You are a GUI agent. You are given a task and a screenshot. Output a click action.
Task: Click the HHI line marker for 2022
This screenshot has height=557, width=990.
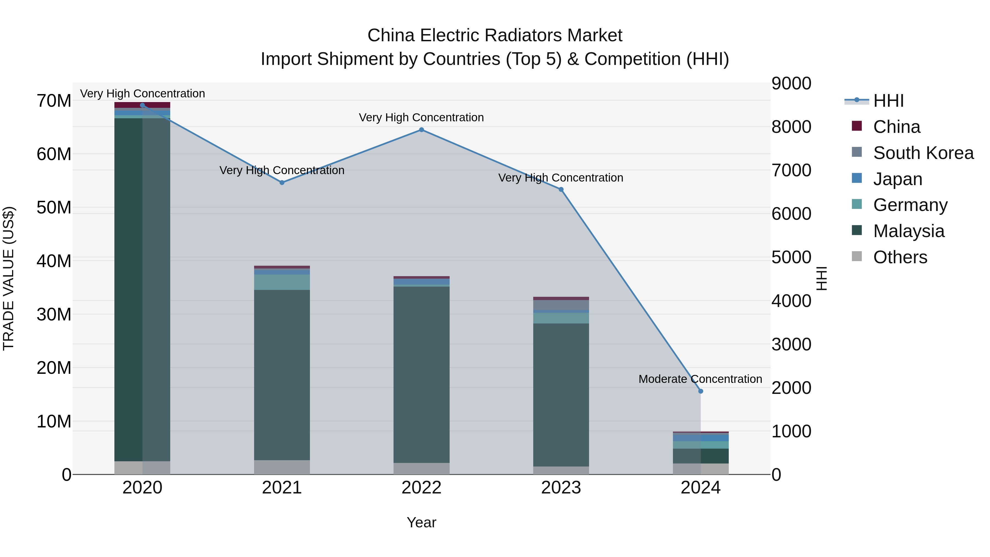coord(421,130)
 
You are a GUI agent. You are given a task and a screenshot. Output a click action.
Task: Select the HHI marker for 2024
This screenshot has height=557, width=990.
coord(700,391)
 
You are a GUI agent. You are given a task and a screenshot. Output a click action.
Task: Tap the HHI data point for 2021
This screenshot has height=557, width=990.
coord(282,183)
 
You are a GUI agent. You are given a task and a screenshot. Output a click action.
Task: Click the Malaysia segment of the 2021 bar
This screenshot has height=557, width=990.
coord(282,375)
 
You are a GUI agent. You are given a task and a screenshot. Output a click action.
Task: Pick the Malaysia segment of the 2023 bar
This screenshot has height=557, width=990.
coord(561,395)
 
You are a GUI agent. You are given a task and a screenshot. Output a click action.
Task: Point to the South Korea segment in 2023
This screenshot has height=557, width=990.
coord(561,305)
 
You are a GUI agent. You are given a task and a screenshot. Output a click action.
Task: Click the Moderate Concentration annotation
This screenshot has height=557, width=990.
coord(700,379)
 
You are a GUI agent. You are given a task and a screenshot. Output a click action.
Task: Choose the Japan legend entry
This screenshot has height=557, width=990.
coord(897,179)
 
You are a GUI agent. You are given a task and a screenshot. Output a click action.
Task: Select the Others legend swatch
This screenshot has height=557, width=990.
coord(857,256)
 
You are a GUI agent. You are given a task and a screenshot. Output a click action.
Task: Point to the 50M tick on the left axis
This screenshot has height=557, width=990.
coord(54,208)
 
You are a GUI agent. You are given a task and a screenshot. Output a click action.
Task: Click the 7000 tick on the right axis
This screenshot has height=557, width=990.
coord(791,170)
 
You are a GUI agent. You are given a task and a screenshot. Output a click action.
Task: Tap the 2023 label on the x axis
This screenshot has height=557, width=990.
coord(561,488)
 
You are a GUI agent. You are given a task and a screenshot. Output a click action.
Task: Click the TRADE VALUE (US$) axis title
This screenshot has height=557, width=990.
coord(9,278)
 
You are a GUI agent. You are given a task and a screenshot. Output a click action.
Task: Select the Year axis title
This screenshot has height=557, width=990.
coord(421,522)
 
